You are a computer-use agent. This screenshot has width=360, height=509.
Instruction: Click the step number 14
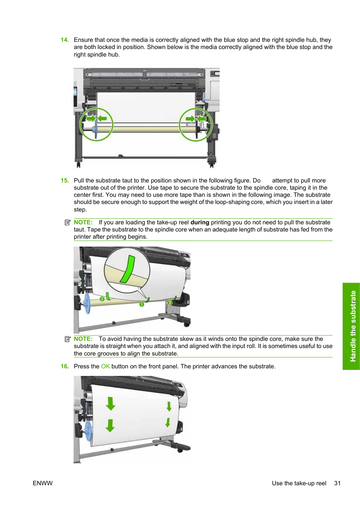click(x=65, y=40)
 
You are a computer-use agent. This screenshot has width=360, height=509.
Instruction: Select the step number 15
click(x=65, y=181)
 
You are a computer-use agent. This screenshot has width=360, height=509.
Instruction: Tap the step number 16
click(x=65, y=366)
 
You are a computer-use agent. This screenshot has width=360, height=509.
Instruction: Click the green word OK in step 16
click(x=105, y=366)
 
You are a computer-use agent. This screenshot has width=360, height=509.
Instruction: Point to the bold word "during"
click(x=200, y=222)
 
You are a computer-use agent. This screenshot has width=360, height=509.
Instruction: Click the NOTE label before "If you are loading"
click(x=83, y=222)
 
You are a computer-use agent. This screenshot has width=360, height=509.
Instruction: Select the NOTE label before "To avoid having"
click(x=83, y=339)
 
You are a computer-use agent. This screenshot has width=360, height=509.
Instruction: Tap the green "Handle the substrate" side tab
click(x=351, y=326)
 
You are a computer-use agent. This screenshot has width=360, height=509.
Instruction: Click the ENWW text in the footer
click(x=43, y=483)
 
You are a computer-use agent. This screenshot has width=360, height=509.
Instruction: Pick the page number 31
click(x=337, y=483)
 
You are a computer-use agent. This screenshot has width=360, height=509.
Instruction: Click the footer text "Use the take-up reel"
click(x=299, y=483)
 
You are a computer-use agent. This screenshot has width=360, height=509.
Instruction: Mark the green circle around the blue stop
click(x=96, y=124)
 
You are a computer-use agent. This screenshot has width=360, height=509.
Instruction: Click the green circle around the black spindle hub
click(x=196, y=124)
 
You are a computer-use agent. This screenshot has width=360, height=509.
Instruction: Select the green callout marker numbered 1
click(x=142, y=304)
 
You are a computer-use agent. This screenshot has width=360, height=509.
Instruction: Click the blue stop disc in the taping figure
click(x=87, y=303)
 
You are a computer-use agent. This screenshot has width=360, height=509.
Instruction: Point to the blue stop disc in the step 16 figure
click(x=88, y=431)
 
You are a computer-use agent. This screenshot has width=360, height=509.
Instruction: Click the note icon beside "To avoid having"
click(x=68, y=339)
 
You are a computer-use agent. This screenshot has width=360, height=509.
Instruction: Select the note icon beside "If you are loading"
click(x=68, y=222)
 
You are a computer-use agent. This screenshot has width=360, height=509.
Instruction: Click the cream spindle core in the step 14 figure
click(x=147, y=129)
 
